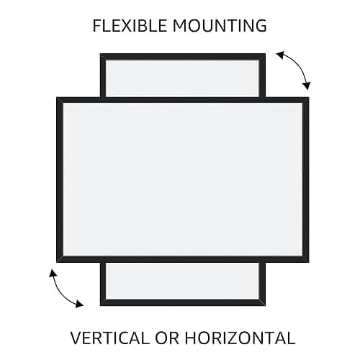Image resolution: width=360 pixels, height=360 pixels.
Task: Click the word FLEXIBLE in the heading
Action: pyautogui.click(x=130, y=26)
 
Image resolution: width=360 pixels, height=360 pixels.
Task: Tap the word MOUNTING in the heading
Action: pyautogui.click(x=220, y=26)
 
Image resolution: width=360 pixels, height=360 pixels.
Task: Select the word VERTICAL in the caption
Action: pyautogui.click(x=110, y=338)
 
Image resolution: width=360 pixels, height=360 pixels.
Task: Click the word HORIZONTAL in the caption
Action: pyautogui.click(x=240, y=338)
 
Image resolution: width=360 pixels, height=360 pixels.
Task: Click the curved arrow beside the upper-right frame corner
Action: pyautogui.click(x=297, y=66)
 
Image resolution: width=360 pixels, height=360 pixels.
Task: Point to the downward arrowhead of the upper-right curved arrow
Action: pyautogui.click(x=307, y=86)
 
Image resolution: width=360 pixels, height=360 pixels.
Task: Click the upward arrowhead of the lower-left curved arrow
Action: pyautogui.click(x=53, y=274)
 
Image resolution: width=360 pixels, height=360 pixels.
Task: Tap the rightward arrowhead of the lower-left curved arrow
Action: pyautogui.click(x=79, y=304)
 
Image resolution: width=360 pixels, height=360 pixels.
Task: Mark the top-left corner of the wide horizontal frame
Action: pyautogui.click(x=57, y=97)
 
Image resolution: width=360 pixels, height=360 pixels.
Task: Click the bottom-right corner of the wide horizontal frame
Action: pyautogui.click(x=309, y=263)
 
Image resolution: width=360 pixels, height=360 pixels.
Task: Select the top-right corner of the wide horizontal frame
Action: pyautogui.click(x=309, y=97)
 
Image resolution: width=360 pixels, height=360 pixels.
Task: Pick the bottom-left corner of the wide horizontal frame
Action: pyautogui.click(x=57, y=263)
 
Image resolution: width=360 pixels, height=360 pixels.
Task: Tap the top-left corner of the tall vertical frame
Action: pyautogui.click(x=100, y=53)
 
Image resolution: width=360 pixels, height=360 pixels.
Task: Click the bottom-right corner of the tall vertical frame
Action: pyautogui.click(x=266, y=306)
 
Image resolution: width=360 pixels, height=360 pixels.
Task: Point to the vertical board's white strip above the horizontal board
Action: pyautogui.click(x=182, y=78)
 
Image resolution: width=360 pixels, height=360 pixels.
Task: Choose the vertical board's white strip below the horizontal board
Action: pyautogui.click(x=182, y=281)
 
